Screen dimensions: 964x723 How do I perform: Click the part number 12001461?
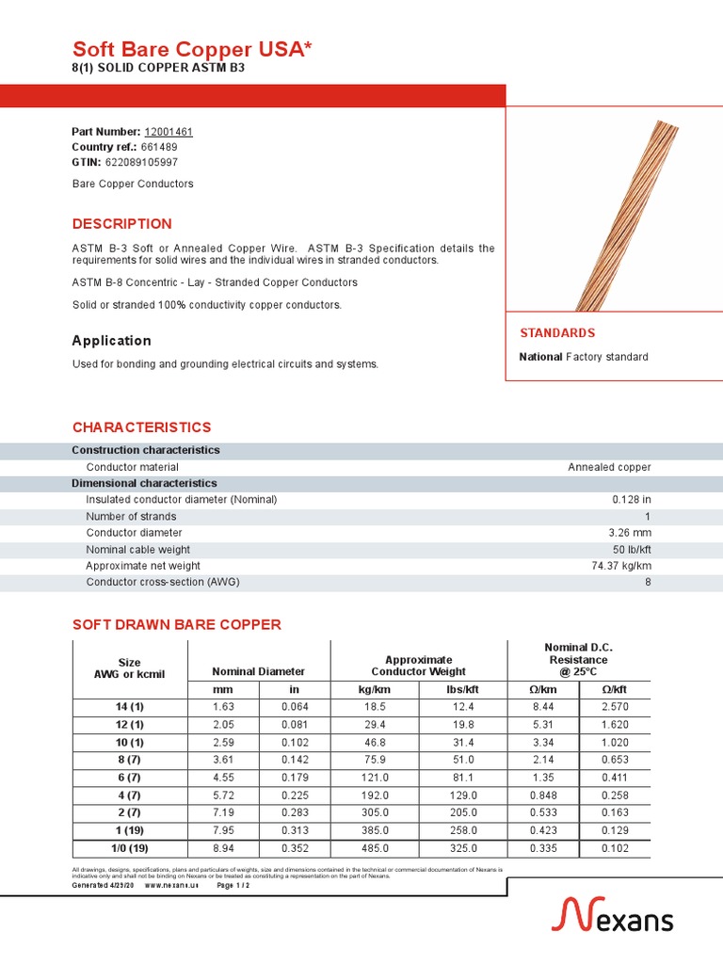click(x=169, y=132)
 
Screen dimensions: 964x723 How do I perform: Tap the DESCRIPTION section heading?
click(x=122, y=224)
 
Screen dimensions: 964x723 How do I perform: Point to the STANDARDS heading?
click(x=557, y=333)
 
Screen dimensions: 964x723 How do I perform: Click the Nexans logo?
click(x=611, y=915)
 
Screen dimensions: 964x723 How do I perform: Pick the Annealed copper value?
click(x=609, y=467)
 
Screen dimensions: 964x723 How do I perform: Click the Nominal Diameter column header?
click(x=259, y=671)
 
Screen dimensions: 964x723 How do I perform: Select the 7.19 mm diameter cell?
click(x=224, y=812)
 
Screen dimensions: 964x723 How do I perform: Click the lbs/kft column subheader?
click(x=462, y=690)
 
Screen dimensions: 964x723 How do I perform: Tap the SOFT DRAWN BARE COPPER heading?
click(x=177, y=625)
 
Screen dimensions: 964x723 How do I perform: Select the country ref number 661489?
click(x=159, y=147)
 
